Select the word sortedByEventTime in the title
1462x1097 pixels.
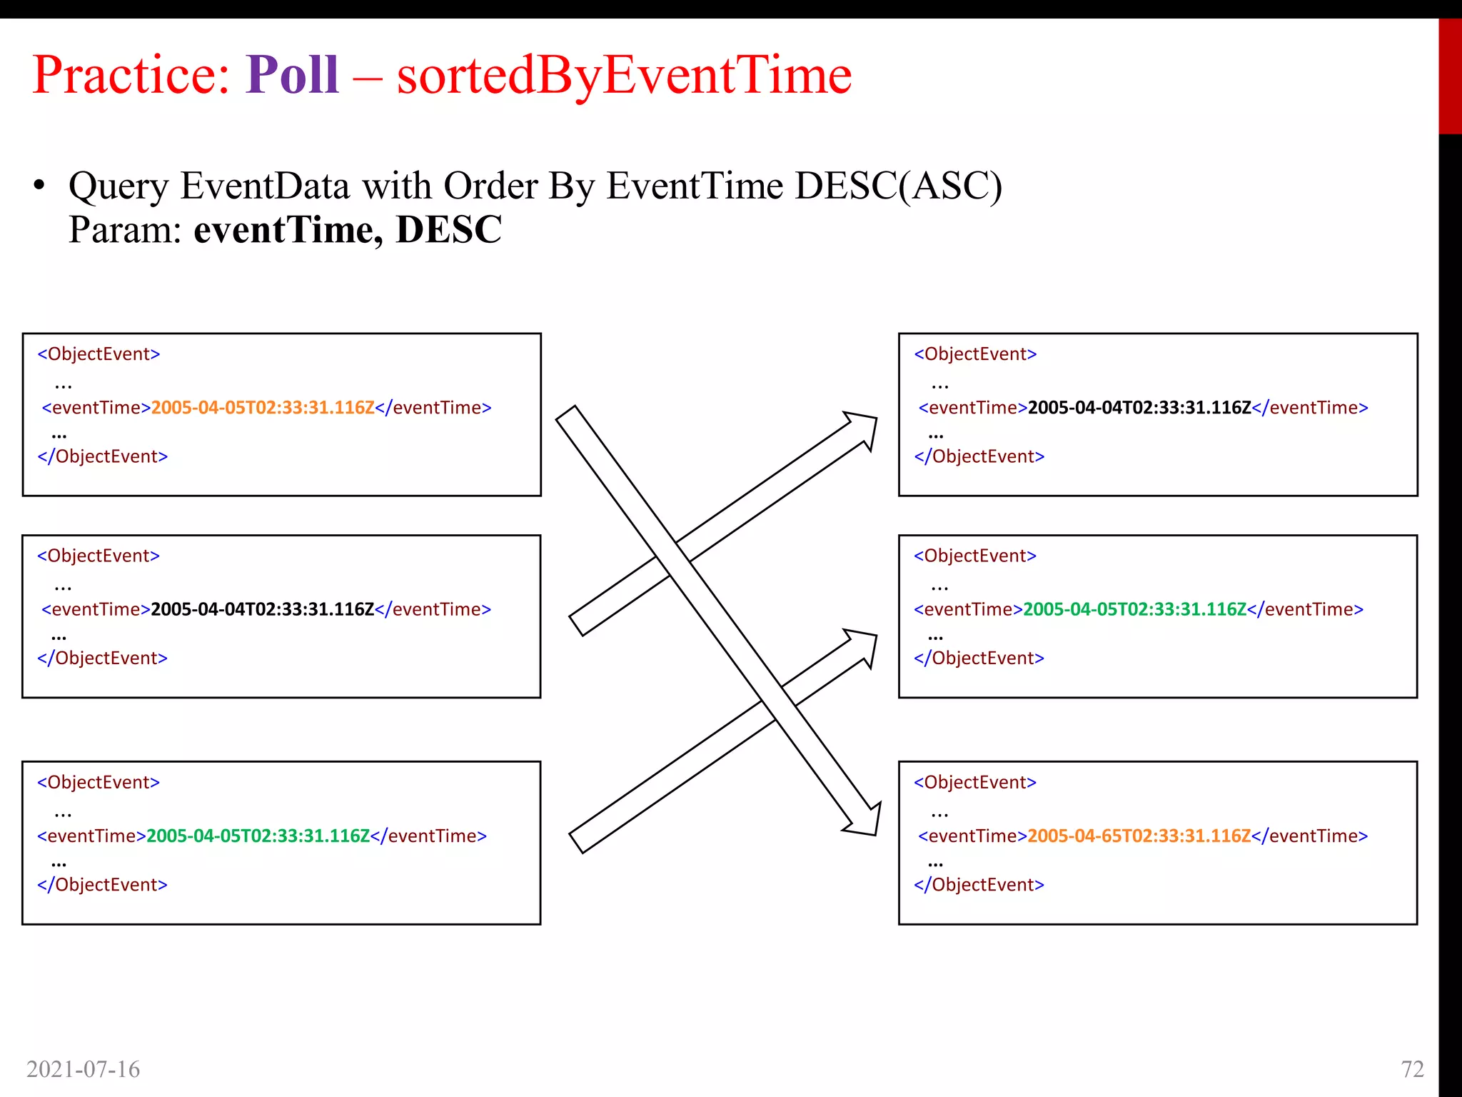coord(624,76)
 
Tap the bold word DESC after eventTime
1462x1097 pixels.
coord(448,230)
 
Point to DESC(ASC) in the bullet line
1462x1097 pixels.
coord(898,186)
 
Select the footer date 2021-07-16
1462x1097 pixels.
coord(84,1069)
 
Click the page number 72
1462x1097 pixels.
coord(1412,1069)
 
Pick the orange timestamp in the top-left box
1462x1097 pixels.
coord(263,408)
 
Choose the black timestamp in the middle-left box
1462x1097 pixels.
coord(263,609)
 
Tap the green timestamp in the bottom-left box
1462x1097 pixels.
coord(258,836)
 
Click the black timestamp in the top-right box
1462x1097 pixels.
coord(1139,408)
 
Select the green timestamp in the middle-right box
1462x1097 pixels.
coord(1134,609)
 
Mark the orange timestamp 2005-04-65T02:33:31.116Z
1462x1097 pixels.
coord(1139,836)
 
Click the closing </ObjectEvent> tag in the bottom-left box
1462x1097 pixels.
coord(103,885)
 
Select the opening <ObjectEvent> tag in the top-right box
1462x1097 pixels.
coord(975,354)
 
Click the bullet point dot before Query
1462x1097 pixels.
coord(39,186)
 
